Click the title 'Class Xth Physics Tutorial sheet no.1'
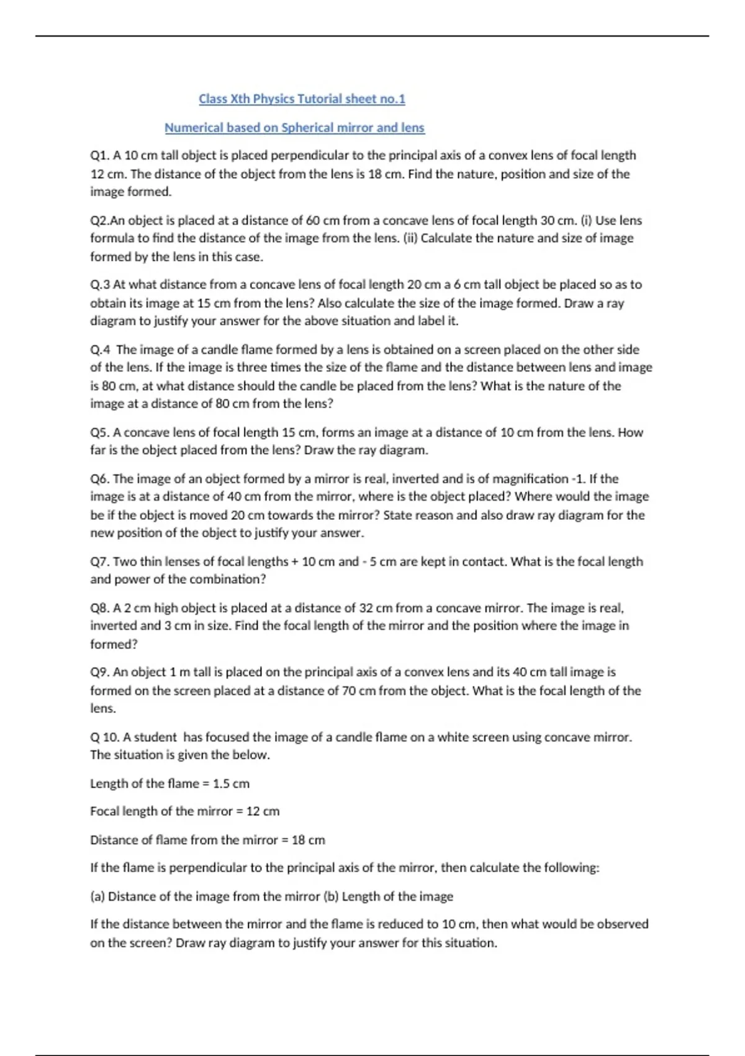coord(302,99)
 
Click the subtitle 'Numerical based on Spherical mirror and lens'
coord(294,127)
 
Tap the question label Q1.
coord(99,155)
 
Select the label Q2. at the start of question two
coord(100,221)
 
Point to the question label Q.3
coord(100,284)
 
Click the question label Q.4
coord(100,350)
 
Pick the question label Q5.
coord(99,432)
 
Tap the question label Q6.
coord(99,479)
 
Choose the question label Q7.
coord(99,562)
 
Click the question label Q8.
coord(99,608)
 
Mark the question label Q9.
coord(99,672)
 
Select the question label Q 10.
coord(104,737)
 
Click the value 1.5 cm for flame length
coord(231,784)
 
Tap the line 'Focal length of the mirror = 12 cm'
coord(184,811)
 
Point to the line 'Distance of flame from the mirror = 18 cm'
coord(207,840)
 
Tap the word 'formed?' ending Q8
coord(114,644)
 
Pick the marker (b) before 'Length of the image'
coord(330,896)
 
